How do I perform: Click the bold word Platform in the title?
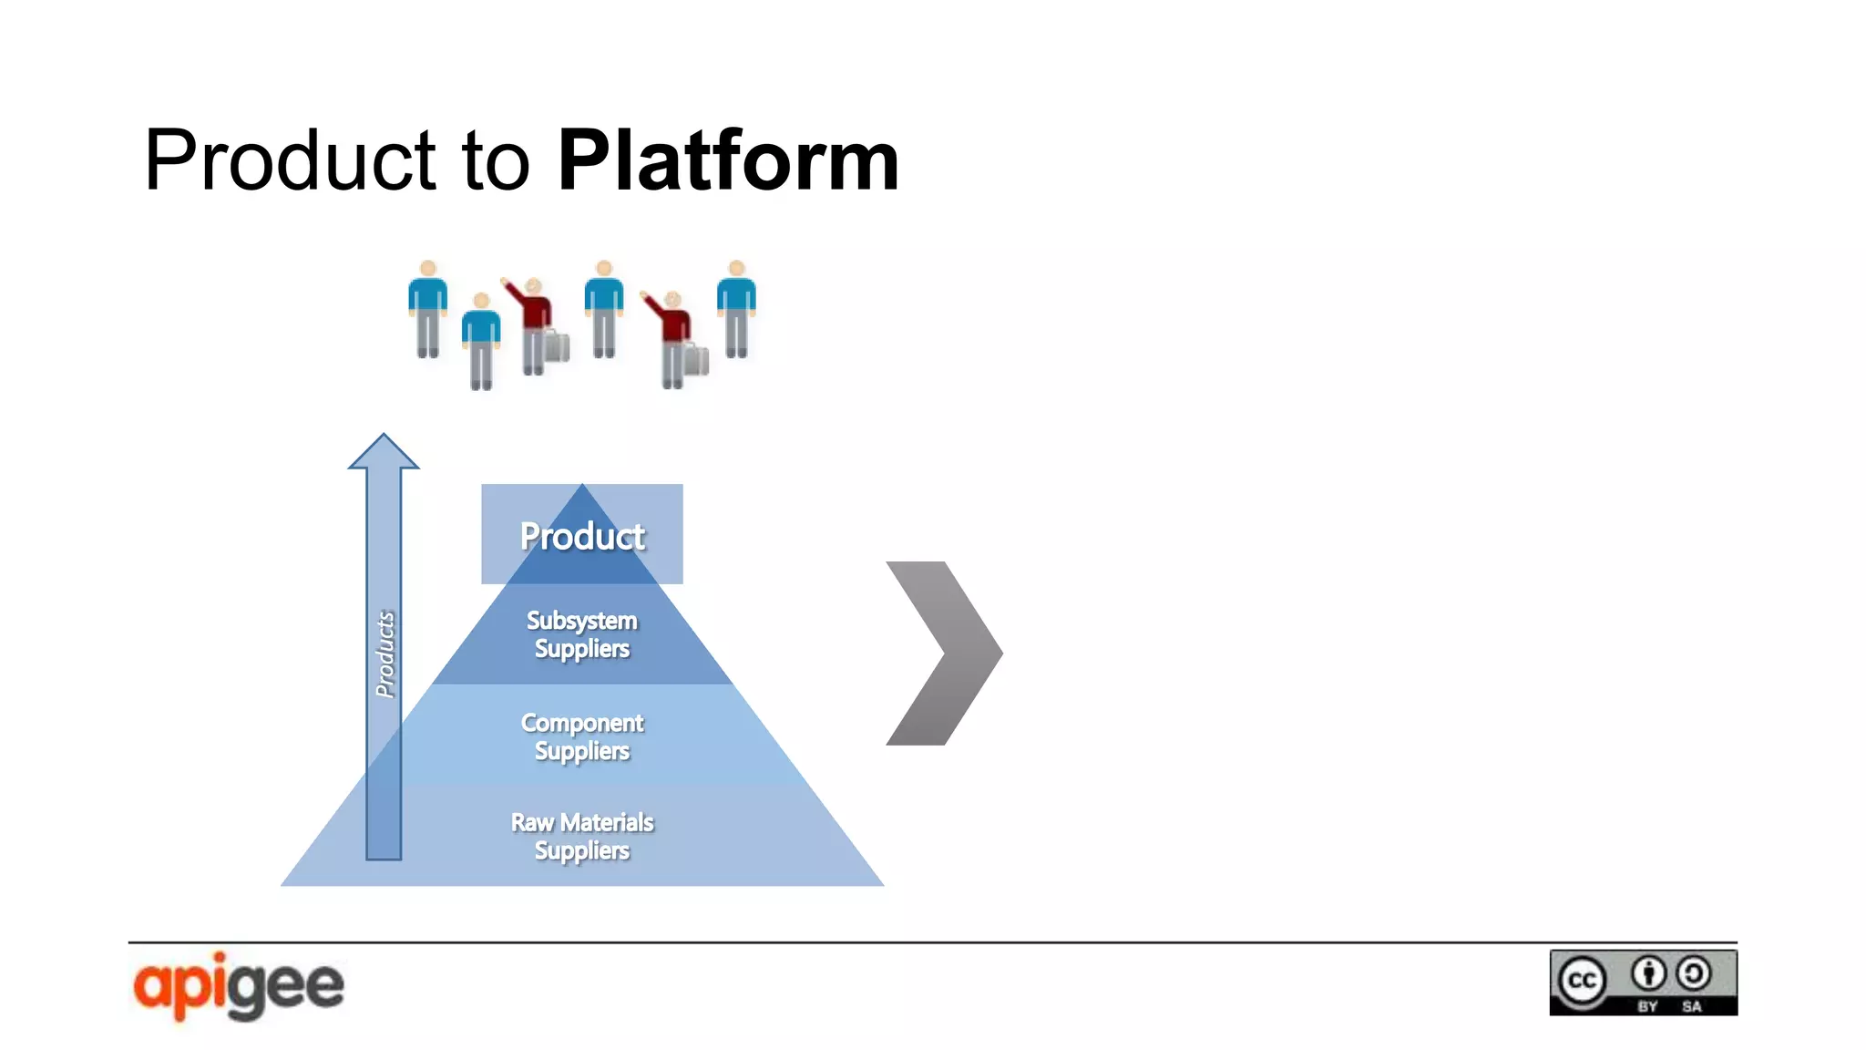pyautogui.click(x=728, y=161)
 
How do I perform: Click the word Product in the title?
pyautogui.click(x=290, y=161)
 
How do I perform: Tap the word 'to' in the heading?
pyautogui.click(x=496, y=161)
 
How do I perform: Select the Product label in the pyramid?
pyautogui.click(x=582, y=536)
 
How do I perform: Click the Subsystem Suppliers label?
pyautogui.click(x=582, y=634)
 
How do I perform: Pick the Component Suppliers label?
pyautogui.click(x=582, y=736)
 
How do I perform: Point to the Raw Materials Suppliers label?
pyautogui.click(x=582, y=836)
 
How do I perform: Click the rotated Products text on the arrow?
pyautogui.click(x=385, y=654)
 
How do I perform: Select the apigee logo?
pyautogui.click(x=239, y=986)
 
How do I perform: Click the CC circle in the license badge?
pyautogui.click(x=1583, y=981)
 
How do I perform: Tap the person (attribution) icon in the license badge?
pyautogui.click(x=1648, y=973)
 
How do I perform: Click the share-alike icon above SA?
pyautogui.click(x=1694, y=973)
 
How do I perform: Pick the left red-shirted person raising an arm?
pyautogui.click(x=535, y=324)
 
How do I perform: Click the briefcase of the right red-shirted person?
pyautogui.click(x=696, y=361)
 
